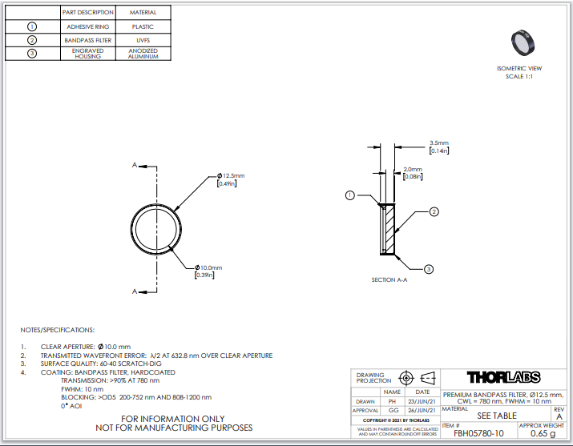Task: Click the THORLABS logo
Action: click(503, 377)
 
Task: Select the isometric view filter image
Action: click(523, 42)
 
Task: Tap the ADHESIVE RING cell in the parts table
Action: click(87, 26)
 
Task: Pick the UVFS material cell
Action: click(143, 40)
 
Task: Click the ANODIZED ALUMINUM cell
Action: click(143, 54)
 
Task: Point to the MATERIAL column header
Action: click(143, 12)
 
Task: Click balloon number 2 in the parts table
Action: click(32, 40)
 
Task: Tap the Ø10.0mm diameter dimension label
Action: click(208, 271)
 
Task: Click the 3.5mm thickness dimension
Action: click(439, 147)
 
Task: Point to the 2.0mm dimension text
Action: click(413, 173)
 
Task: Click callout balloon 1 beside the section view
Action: click(350, 195)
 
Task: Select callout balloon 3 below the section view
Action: click(429, 269)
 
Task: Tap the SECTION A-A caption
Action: click(389, 280)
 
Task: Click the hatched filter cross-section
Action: click(390, 229)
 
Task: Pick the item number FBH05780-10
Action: click(478, 433)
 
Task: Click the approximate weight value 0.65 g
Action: click(543, 433)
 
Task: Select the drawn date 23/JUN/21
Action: click(422, 401)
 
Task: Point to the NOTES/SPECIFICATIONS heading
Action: click(58, 330)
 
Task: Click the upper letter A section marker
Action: click(135, 165)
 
